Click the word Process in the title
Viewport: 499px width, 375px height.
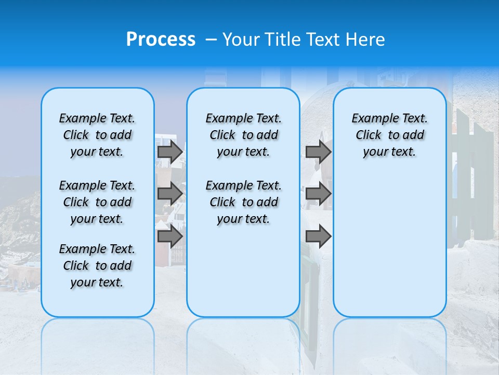[161, 40]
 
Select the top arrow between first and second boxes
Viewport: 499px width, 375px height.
[170, 152]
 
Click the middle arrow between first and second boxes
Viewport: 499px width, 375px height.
[170, 194]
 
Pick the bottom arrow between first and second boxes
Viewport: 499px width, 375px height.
[170, 236]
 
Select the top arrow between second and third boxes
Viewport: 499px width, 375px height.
[318, 152]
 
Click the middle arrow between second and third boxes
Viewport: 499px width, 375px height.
[318, 194]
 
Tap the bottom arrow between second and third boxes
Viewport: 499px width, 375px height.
[318, 236]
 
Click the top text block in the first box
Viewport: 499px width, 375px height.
[97, 135]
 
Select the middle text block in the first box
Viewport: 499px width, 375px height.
[97, 202]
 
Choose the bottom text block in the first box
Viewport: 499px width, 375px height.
[97, 266]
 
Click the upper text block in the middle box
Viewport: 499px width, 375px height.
[243, 135]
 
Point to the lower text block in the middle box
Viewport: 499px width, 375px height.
[243, 202]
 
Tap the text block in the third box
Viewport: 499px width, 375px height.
[389, 135]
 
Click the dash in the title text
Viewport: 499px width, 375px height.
[211, 40]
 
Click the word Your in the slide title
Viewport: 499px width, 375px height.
[241, 40]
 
